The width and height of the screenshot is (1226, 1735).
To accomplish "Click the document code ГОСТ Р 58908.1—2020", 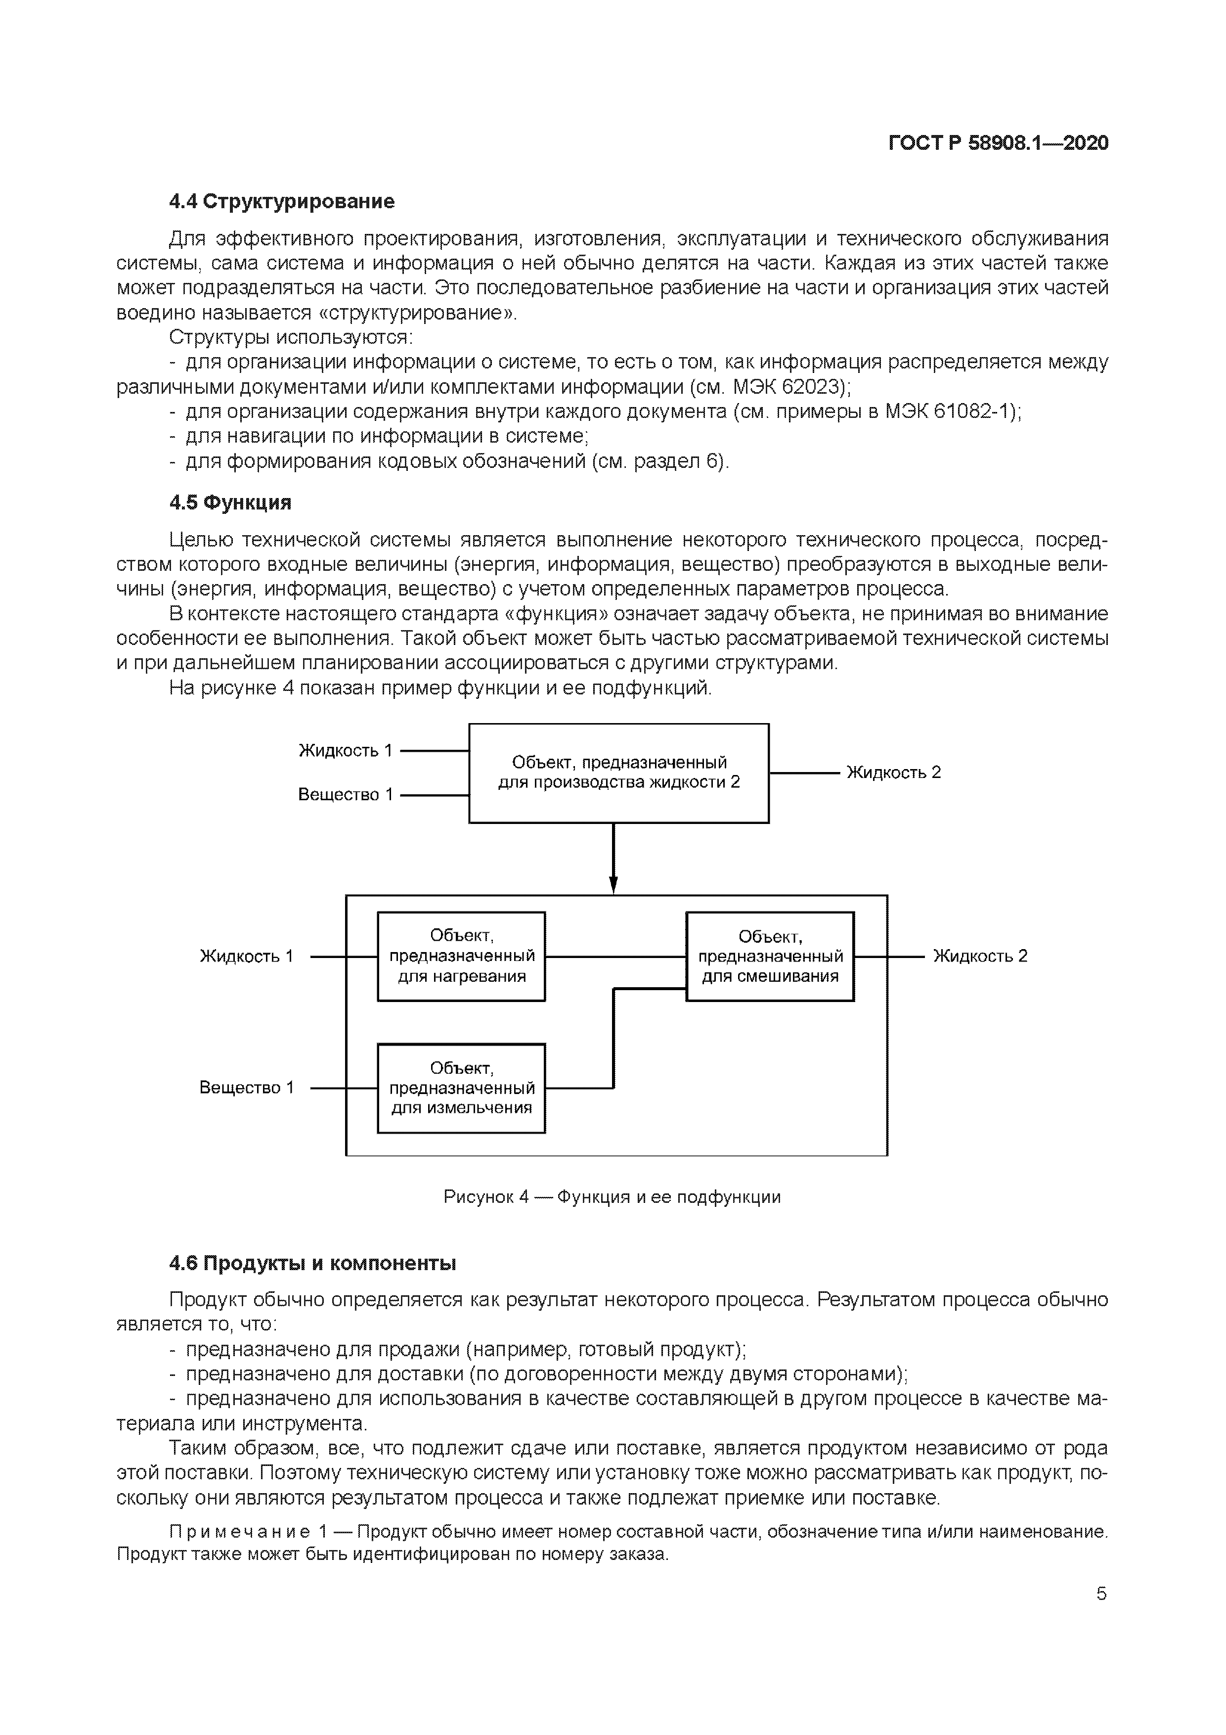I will pyautogui.click(x=998, y=143).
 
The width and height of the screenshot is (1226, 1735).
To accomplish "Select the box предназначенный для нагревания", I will pyautogui.click(x=461, y=957).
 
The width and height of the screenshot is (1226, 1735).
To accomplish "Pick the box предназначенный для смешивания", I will pyautogui.click(x=770, y=957).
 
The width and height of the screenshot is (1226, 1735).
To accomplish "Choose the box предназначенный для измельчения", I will pyautogui.click(x=461, y=1088).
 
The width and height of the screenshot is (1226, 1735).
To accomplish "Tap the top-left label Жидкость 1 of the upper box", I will pyautogui.click(x=346, y=750).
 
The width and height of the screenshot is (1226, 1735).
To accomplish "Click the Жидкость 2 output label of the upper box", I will pyautogui.click(x=894, y=772).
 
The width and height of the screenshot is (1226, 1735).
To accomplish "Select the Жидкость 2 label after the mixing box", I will pyautogui.click(x=980, y=956).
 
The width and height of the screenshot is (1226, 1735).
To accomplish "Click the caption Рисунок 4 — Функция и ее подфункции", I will pyautogui.click(x=612, y=1197).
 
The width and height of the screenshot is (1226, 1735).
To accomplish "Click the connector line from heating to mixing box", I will pyautogui.click(x=615, y=957).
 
